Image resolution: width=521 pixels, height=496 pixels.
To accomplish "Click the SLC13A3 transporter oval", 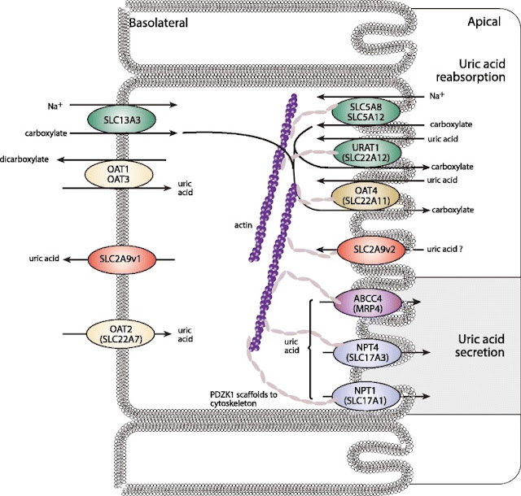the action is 121,120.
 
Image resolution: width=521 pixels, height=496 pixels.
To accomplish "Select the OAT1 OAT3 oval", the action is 119,174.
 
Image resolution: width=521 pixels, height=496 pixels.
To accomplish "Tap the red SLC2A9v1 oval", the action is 122,259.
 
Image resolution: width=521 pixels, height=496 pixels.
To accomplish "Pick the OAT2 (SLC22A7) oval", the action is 120,333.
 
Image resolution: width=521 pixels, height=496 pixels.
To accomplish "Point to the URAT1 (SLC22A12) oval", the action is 367,152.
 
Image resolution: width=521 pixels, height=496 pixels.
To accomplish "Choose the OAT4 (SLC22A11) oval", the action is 366,196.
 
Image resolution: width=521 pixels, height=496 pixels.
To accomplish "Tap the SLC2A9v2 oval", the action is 371,250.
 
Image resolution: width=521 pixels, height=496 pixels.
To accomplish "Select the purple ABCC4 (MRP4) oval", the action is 367,303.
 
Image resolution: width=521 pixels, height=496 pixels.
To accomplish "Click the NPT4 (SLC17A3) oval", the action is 367,353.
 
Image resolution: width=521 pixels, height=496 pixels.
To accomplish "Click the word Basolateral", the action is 158,23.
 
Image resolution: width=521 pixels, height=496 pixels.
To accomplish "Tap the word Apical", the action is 484,22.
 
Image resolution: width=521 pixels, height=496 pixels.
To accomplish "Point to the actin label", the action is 243,225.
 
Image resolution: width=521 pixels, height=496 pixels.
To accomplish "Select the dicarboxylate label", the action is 24,159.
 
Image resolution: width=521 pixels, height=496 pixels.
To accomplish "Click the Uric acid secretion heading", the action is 479,346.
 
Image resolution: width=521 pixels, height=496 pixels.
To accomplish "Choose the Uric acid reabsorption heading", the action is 471,71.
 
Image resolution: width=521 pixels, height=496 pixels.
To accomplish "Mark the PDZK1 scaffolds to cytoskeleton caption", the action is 243,399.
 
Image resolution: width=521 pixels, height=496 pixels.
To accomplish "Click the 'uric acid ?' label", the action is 445,249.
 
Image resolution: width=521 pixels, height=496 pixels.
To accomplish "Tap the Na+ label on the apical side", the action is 437,96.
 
